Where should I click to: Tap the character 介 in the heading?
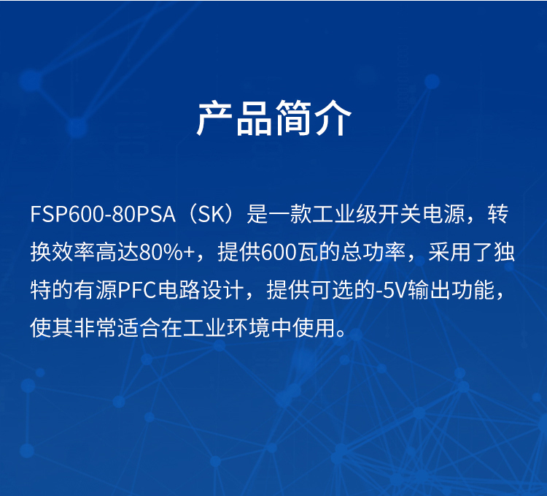(333, 118)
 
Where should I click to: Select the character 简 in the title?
(293, 118)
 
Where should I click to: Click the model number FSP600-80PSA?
(103, 214)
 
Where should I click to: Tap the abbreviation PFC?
(137, 290)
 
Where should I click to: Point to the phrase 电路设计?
(201, 290)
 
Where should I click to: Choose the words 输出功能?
(451, 290)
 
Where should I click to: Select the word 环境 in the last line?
(248, 328)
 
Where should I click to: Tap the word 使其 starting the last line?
(52, 328)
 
